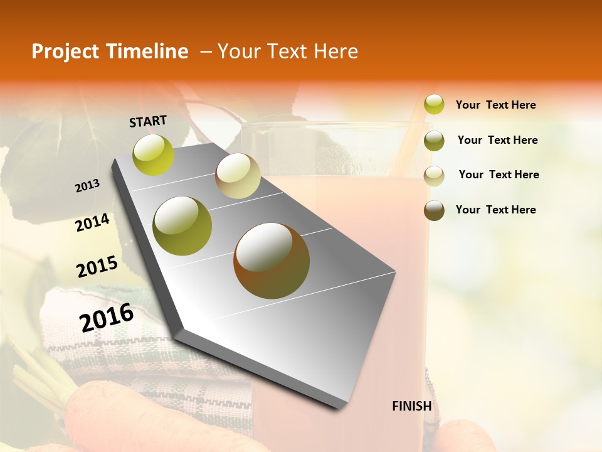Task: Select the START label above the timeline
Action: (x=148, y=121)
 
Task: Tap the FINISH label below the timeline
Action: (x=412, y=406)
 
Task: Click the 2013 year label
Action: (x=88, y=186)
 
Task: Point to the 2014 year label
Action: (x=92, y=223)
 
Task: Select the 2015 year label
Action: (x=97, y=267)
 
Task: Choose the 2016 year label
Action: (x=107, y=318)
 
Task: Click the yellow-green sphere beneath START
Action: (x=154, y=155)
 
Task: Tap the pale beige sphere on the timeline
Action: (x=238, y=176)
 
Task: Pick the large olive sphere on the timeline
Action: (x=182, y=226)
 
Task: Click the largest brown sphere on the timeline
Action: (x=272, y=261)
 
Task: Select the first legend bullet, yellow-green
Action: (x=434, y=104)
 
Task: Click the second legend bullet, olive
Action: (x=434, y=141)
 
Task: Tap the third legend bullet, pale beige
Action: (x=434, y=176)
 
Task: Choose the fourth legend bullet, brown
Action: (x=434, y=210)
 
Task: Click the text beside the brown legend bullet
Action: (x=496, y=210)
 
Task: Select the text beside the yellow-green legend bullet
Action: (x=496, y=105)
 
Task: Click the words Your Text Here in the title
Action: (x=288, y=51)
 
